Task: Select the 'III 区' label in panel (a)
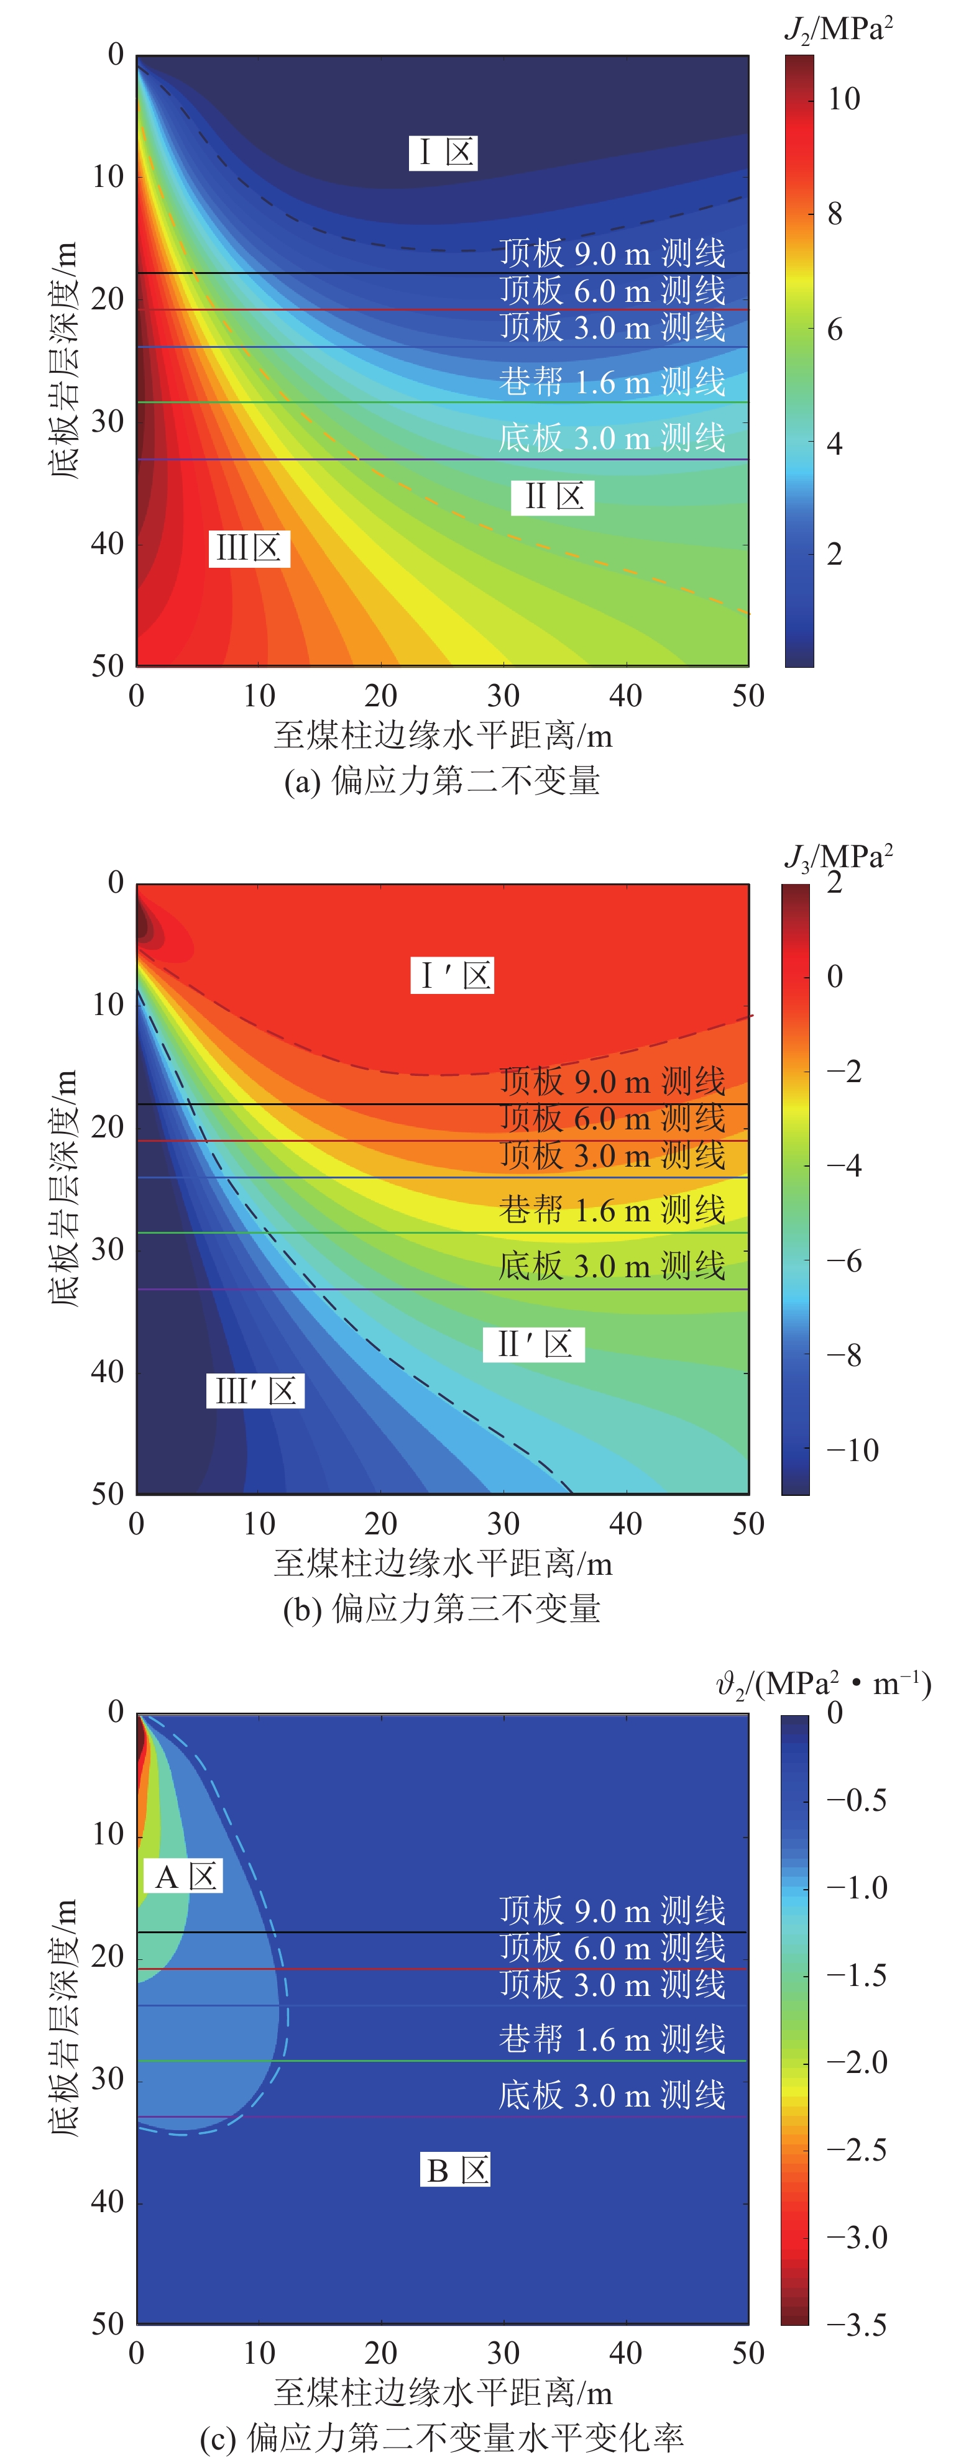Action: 249,548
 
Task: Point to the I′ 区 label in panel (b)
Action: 453,975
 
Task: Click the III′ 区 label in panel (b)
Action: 254,1390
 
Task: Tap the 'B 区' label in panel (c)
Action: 456,2171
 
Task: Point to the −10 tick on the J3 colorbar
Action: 852,1450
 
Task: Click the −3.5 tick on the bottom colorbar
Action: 856,2325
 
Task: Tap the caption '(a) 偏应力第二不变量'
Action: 441,781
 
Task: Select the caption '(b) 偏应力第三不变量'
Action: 441,1609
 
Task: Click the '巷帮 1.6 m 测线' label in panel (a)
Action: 611,382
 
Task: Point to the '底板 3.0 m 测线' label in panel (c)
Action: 611,2095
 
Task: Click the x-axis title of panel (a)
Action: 442,736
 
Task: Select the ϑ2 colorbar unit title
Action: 824,1683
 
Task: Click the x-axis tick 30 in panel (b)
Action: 503,1524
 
